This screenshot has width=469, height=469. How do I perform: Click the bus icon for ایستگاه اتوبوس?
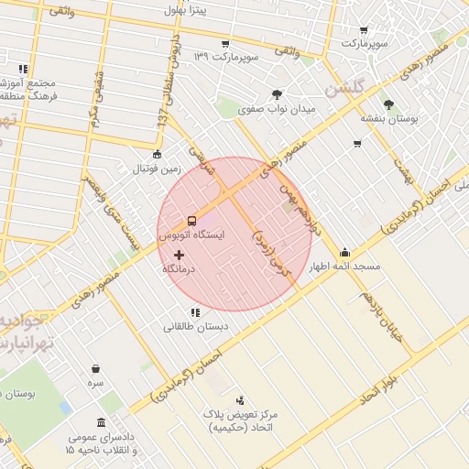tap(191, 221)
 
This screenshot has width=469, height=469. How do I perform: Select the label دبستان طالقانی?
tap(196, 326)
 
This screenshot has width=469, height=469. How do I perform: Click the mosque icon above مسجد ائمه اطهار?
tap(344, 252)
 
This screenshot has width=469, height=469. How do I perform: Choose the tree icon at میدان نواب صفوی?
tap(277, 93)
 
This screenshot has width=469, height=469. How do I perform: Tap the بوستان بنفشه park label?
tap(388, 119)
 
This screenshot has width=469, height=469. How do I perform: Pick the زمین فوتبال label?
tap(158, 169)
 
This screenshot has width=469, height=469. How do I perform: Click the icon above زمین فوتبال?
tap(158, 154)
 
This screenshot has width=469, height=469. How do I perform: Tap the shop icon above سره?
tap(95, 368)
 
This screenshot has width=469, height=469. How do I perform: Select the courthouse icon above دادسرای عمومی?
tap(100, 423)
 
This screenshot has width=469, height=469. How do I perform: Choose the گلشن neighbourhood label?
tap(345, 90)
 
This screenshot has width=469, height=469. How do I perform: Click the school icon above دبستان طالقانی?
tap(194, 312)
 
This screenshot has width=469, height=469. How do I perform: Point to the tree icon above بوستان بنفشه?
tap(388, 104)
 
